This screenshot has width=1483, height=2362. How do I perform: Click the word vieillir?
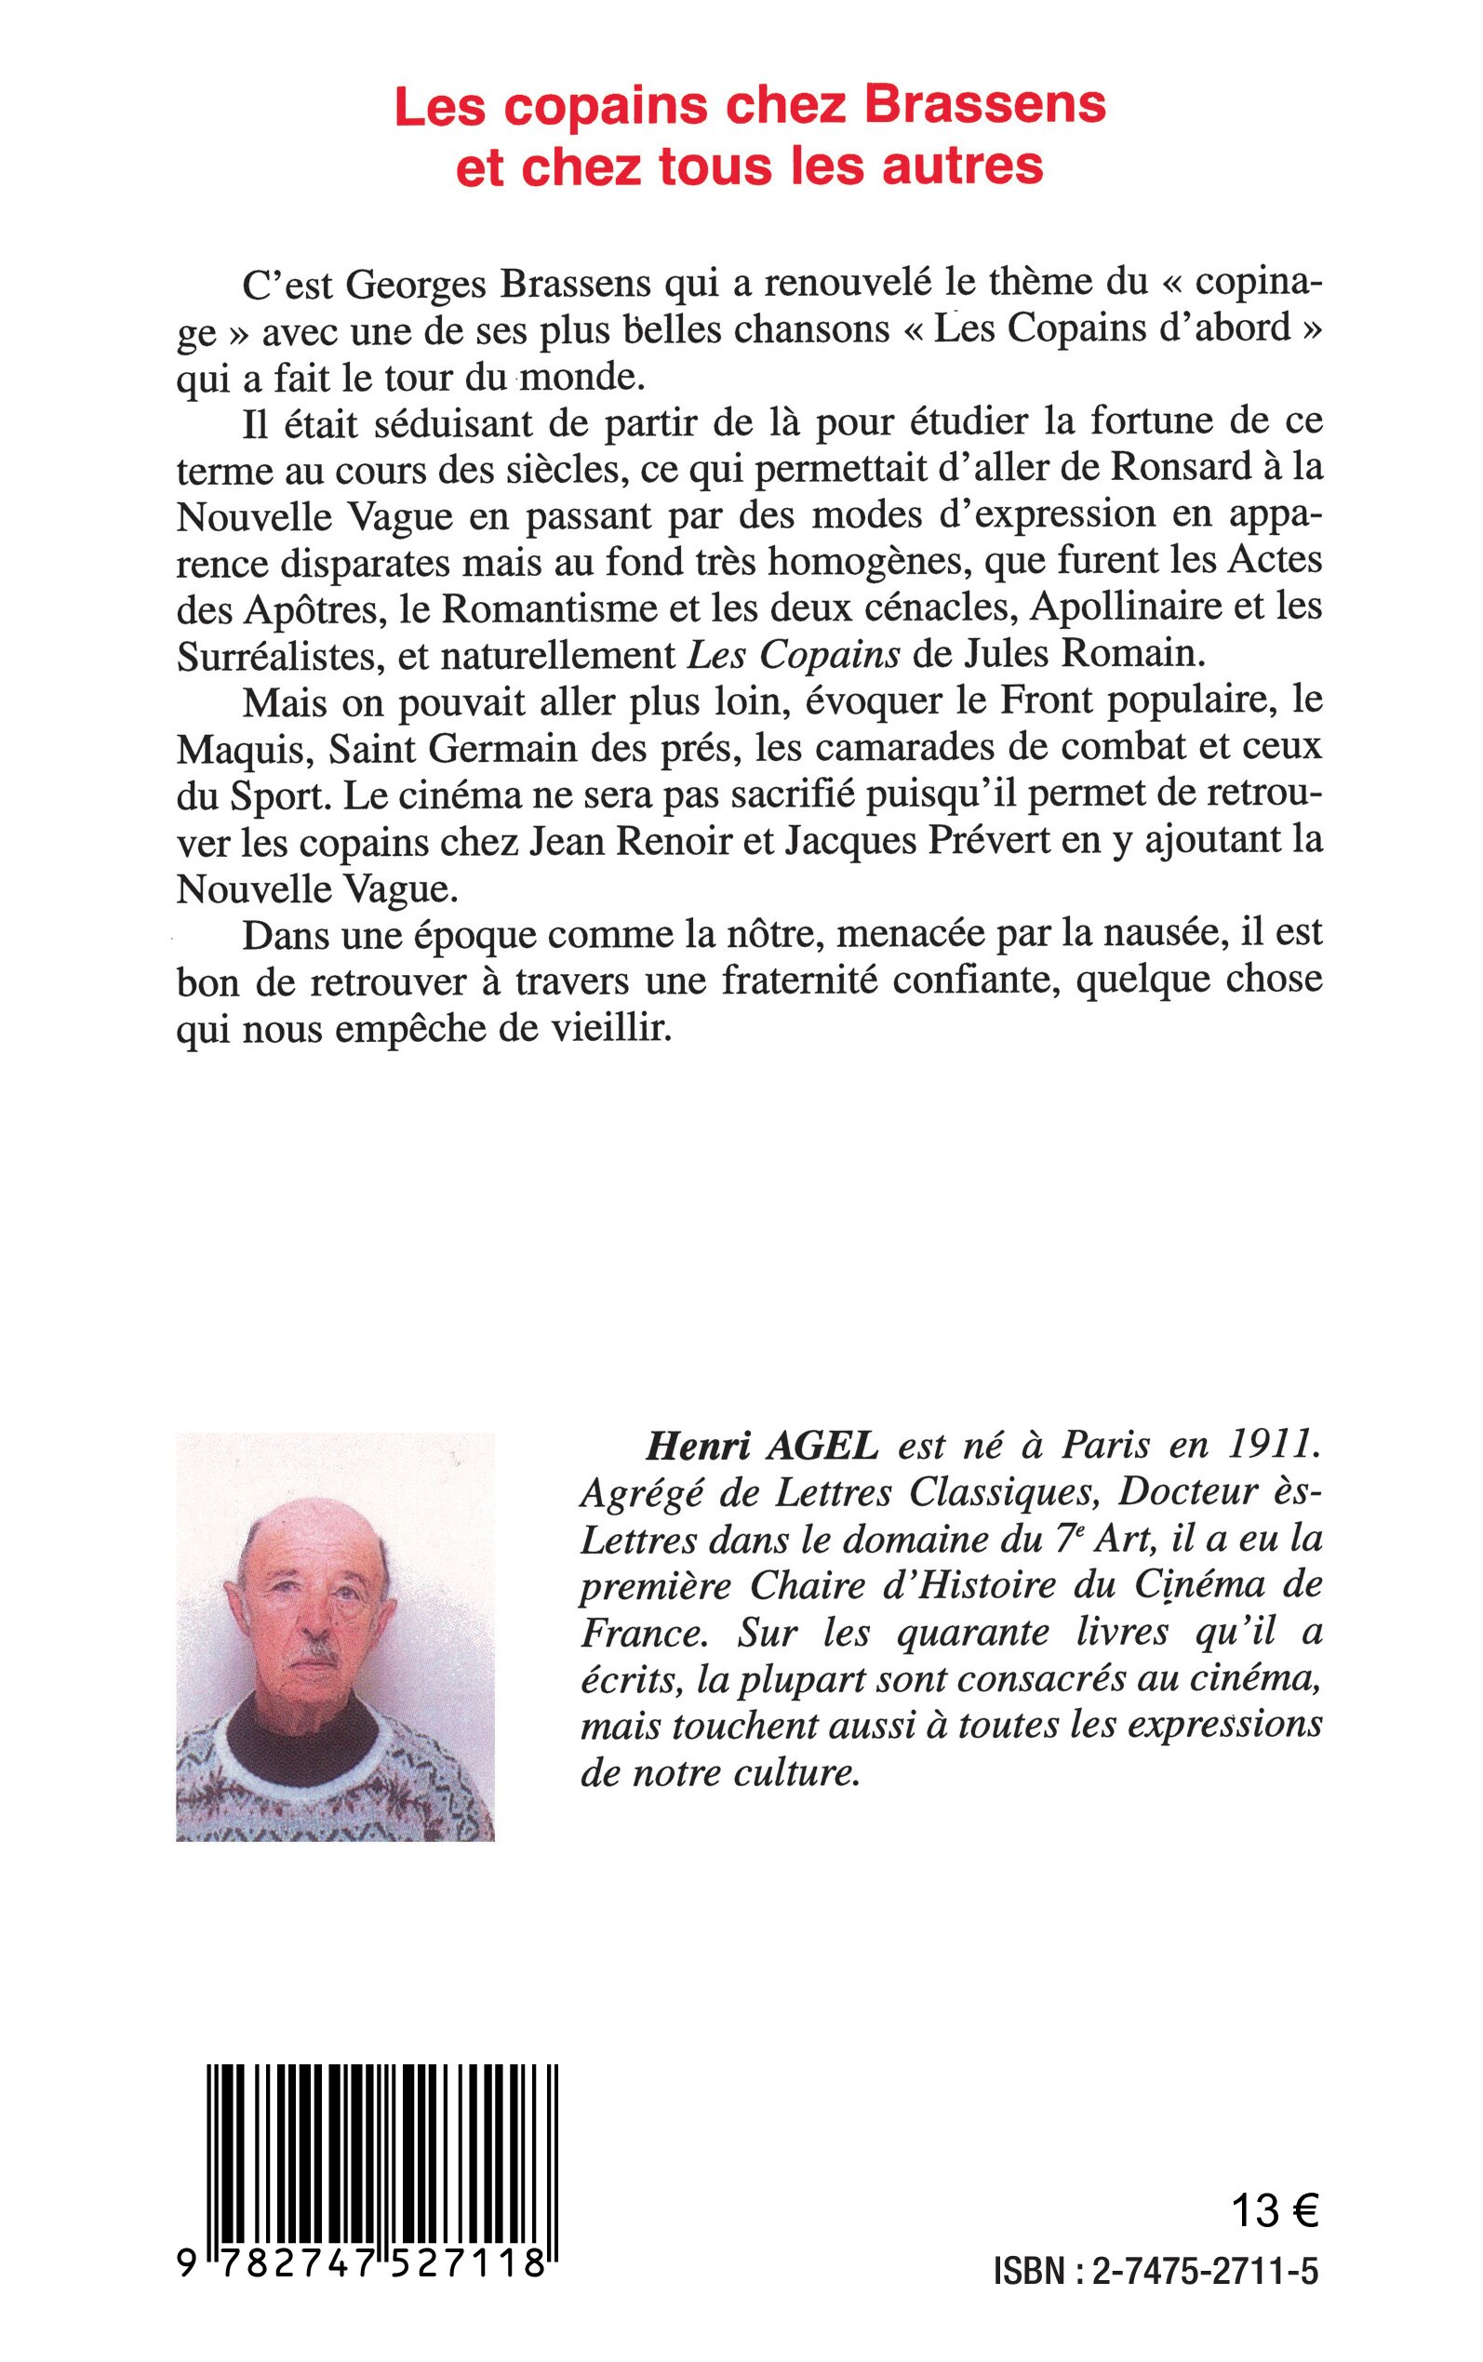(621, 1030)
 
